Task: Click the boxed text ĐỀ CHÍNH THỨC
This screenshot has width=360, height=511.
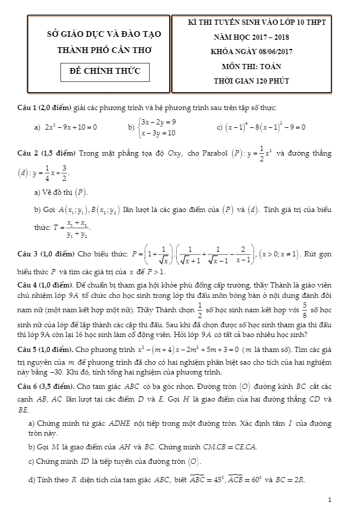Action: click(105, 72)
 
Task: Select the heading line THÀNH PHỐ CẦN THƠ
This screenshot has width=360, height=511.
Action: click(104, 51)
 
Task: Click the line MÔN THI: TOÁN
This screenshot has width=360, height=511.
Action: click(252, 66)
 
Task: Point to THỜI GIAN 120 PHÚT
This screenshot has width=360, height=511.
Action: click(252, 81)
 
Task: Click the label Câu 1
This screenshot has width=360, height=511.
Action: click(28, 108)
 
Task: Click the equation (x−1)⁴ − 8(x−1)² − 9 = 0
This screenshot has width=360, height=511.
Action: click(264, 127)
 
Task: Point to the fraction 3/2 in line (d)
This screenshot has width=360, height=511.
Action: click(65, 172)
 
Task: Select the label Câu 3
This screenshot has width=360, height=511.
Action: click(28, 254)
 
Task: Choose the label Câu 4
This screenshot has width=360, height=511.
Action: click(28, 285)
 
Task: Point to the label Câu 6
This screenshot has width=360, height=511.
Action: click(28, 382)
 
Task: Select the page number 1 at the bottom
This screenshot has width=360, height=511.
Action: click(329, 499)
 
